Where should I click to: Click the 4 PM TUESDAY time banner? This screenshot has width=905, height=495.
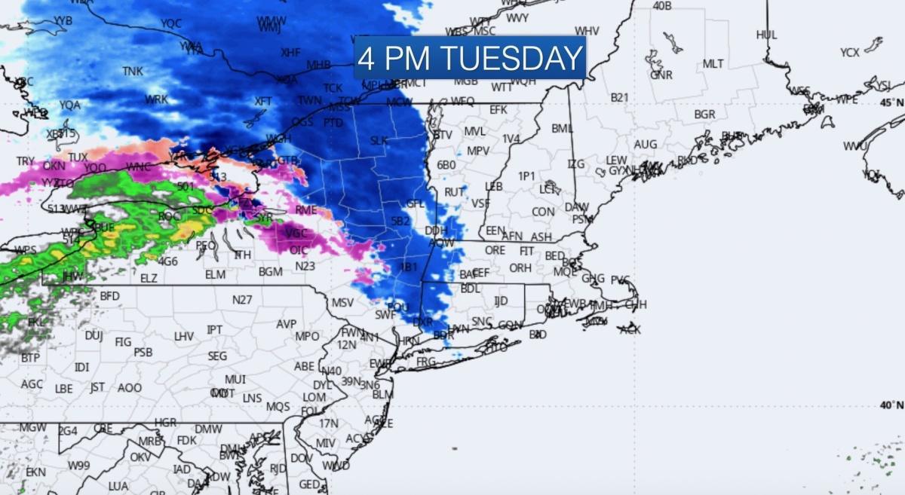tap(470, 58)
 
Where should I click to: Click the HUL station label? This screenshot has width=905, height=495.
tap(766, 35)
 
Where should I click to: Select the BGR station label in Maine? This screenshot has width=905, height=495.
tap(704, 115)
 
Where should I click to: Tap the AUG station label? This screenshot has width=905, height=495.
tap(646, 144)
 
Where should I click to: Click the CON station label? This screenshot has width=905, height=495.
tap(543, 212)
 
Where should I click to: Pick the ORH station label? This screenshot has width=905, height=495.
tap(520, 267)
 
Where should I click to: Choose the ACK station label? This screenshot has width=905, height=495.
tap(630, 329)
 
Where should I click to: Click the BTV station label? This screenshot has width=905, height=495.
tap(443, 135)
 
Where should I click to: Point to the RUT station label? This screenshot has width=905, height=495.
tap(454, 193)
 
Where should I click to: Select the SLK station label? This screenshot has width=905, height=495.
tap(379, 141)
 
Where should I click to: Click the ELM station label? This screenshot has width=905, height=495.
tap(215, 274)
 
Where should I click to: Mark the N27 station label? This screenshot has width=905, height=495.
tap(242, 300)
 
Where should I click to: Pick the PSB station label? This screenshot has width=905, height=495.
tap(143, 352)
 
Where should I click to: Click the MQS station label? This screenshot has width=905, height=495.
tap(278, 407)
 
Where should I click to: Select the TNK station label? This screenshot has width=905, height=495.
tap(133, 72)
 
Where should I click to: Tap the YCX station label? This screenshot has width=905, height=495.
tap(850, 53)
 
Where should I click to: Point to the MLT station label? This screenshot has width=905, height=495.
tap(713, 64)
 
